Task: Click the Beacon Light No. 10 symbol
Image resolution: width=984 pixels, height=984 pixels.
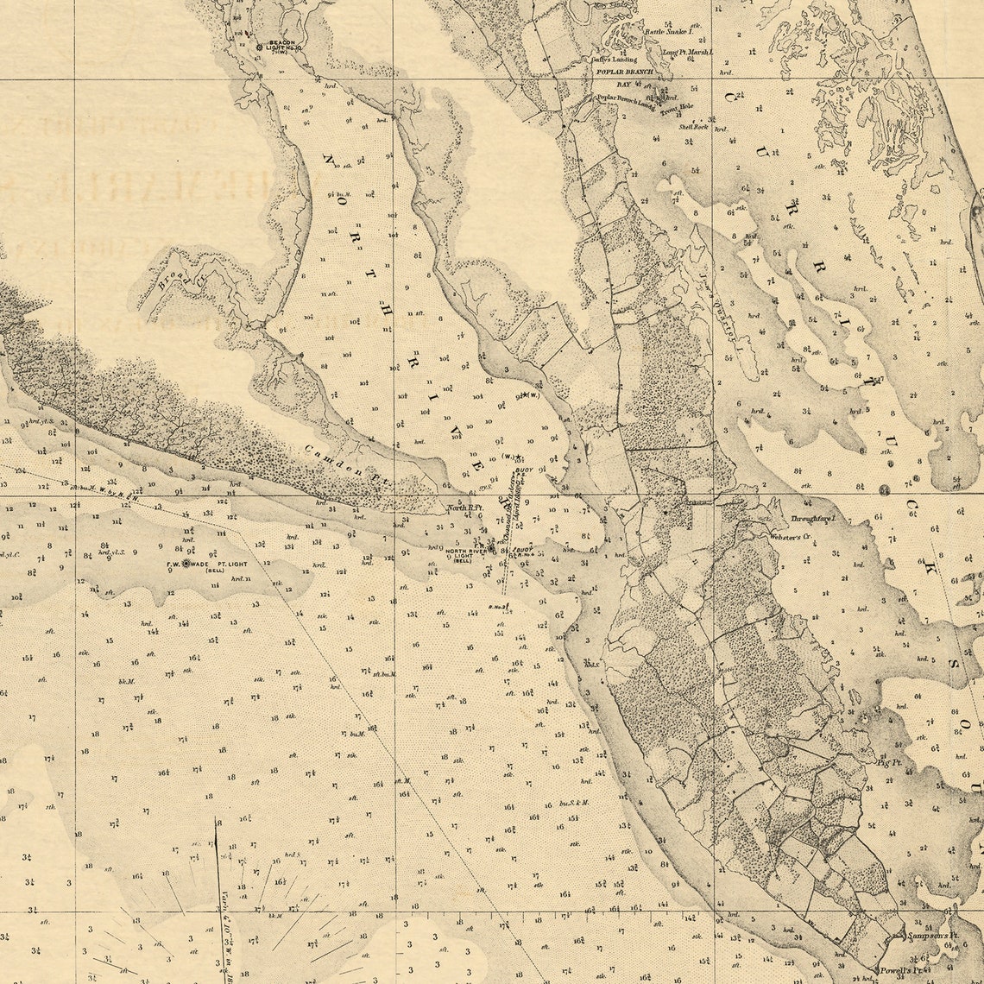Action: pyautogui.click(x=259, y=46)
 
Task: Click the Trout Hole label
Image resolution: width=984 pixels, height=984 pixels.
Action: pyautogui.click(x=678, y=107)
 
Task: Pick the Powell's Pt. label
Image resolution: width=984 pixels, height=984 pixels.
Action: pyautogui.click(x=903, y=970)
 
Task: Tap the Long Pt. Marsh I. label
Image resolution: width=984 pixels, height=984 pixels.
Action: pyautogui.click(x=688, y=53)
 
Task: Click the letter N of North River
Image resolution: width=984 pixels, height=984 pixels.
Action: pyautogui.click(x=329, y=160)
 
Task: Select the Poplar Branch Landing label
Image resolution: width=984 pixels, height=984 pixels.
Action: pyautogui.click(x=628, y=98)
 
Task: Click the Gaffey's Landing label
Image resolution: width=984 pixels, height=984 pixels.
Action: pyautogui.click(x=612, y=60)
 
